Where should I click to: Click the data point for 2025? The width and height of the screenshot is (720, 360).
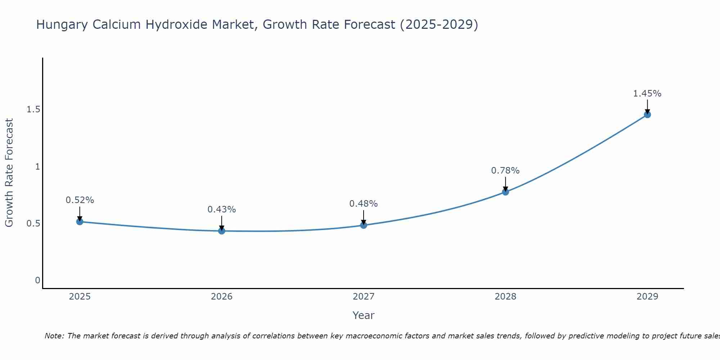click(x=80, y=221)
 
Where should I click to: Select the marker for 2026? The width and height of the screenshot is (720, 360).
click(x=222, y=231)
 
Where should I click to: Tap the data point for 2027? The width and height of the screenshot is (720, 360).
click(x=364, y=225)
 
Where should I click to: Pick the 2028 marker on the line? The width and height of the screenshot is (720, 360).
click(x=505, y=192)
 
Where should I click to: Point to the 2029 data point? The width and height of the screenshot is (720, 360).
click(x=647, y=115)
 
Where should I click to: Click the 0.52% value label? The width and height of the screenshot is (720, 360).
click(x=80, y=200)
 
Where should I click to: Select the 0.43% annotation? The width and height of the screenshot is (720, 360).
click(x=222, y=210)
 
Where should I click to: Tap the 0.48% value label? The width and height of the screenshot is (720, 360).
click(x=364, y=204)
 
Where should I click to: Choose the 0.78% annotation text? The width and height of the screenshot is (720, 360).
click(x=505, y=171)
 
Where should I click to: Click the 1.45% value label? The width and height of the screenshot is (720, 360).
click(x=647, y=94)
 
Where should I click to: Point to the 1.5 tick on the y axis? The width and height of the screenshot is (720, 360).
click(x=33, y=109)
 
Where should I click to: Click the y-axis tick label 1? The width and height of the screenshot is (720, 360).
click(x=37, y=167)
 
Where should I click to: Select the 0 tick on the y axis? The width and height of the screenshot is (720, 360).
click(x=37, y=280)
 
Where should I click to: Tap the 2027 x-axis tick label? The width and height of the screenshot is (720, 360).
click(x=364, y=297)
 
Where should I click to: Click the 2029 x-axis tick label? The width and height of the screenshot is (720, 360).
click(x=647, y=297)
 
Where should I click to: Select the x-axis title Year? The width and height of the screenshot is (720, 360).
click(x=364, y=315)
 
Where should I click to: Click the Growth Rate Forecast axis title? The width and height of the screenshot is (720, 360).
click(x=9, y=173)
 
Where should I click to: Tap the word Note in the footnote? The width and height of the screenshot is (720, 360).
click(x=54, y=336)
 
